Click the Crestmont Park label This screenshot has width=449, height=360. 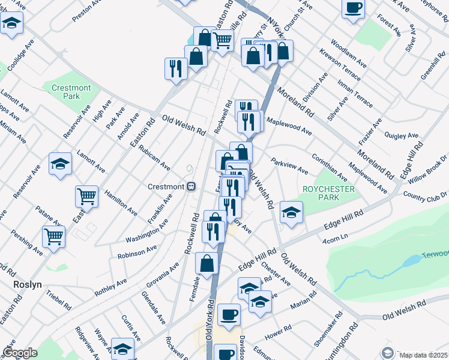[x=71, y=92]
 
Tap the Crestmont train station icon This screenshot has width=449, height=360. [x=191, y=187]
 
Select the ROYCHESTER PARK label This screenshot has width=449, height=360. [x=329, y=194]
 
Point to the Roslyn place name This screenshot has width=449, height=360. [x=27, y=285]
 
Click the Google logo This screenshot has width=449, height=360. [x=20, y=353]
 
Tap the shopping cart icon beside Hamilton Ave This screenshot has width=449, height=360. [x=87, y=196]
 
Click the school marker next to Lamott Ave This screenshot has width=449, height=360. [x=60, y=164]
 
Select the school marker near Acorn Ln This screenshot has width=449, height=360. [x=291, y=212]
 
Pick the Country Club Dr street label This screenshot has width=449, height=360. [x=426, y=196]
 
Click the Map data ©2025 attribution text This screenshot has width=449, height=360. [x=423, y=355]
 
